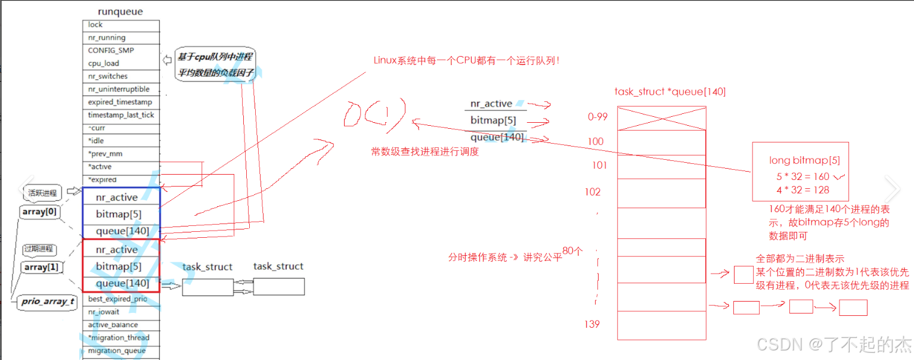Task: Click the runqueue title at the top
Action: [x=120, y=11]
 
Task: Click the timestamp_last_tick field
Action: [x=121, y=115]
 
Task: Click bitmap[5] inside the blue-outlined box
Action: [x=119, y=214]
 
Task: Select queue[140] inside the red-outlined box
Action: [x=122, y=283]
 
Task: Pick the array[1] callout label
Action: [x=41, y=268]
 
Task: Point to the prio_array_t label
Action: [x=48, y=302]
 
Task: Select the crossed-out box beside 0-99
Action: [x=661, y=118]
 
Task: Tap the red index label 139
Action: [x=592, y=324]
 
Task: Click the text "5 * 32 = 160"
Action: [x=804, y=177]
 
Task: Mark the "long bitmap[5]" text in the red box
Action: [x=805, y=160]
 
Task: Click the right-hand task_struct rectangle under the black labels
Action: [x=278, y=287]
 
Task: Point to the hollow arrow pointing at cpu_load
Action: [x=168, y=60]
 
